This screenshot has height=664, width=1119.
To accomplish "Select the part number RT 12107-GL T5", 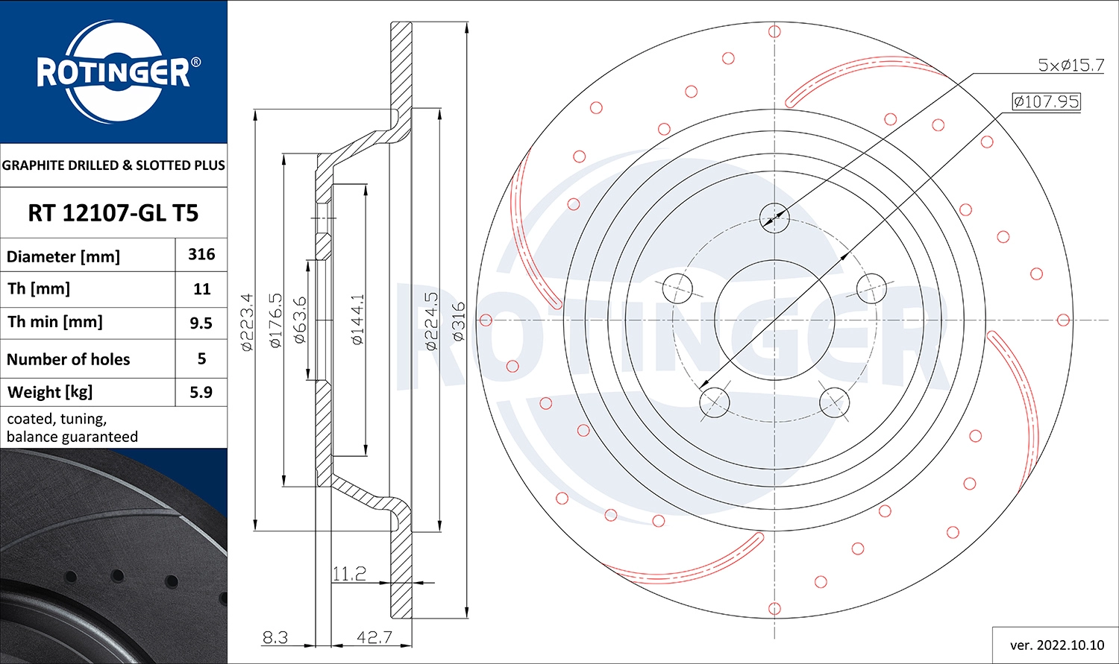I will pos(113,213).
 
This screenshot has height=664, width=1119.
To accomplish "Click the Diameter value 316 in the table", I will pos(201,255).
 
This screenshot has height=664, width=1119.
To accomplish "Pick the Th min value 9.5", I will pos(201,323).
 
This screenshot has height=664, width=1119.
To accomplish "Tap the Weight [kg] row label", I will pos(50,392).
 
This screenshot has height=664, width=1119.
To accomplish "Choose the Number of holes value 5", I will pos(201,358).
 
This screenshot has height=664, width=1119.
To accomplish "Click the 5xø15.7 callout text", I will pos(1071,66).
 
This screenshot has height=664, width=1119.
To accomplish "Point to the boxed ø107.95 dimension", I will pos(1046,101).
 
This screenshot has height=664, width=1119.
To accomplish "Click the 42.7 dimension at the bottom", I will pos(374,638).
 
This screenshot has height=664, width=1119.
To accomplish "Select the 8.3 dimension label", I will pos(275,638).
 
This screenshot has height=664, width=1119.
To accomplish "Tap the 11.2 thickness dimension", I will pos(349,574).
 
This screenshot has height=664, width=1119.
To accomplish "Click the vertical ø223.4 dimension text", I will pos(248,322).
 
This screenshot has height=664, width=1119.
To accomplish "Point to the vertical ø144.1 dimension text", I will pos(357,320).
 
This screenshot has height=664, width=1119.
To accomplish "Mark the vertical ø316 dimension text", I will pos(458,322).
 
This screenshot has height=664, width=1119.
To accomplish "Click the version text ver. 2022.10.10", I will pos(1056,645).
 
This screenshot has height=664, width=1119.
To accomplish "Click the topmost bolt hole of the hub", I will pos(774,217).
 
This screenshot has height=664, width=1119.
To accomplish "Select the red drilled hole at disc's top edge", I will pos(774,31).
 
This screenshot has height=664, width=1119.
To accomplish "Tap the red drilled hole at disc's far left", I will pos(486,320).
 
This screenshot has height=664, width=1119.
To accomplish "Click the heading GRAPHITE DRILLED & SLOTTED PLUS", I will pos(113,165).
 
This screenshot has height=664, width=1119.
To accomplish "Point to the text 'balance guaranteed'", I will pos(72,437).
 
